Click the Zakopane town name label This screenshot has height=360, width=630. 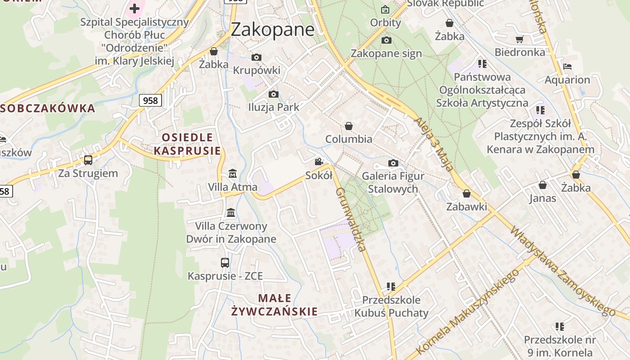coord(273,30)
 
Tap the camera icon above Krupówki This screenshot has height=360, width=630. coord(256,57)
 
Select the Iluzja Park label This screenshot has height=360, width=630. coord(274,107)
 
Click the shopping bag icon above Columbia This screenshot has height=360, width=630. coord(348,126)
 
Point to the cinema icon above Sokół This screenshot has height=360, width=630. coord(319,162)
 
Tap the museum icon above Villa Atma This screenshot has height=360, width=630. coord(233,173)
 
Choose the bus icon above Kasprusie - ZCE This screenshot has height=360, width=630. coord(225,263)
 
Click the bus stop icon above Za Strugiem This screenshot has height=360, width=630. coord(88,160)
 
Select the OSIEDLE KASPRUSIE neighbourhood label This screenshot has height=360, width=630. coord(187,144)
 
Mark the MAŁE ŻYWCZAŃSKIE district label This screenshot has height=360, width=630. coord(274,305)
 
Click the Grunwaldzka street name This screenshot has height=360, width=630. coord(350,219)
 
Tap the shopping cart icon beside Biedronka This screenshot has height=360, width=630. coord(519,40)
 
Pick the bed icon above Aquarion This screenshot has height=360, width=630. coord(567,67)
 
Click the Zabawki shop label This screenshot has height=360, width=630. coord(467,207)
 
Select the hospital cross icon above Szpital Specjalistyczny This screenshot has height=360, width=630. coord(134,8)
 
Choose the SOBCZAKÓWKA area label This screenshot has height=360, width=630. coord(48,108)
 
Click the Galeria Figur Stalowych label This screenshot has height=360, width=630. coord(393,182)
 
